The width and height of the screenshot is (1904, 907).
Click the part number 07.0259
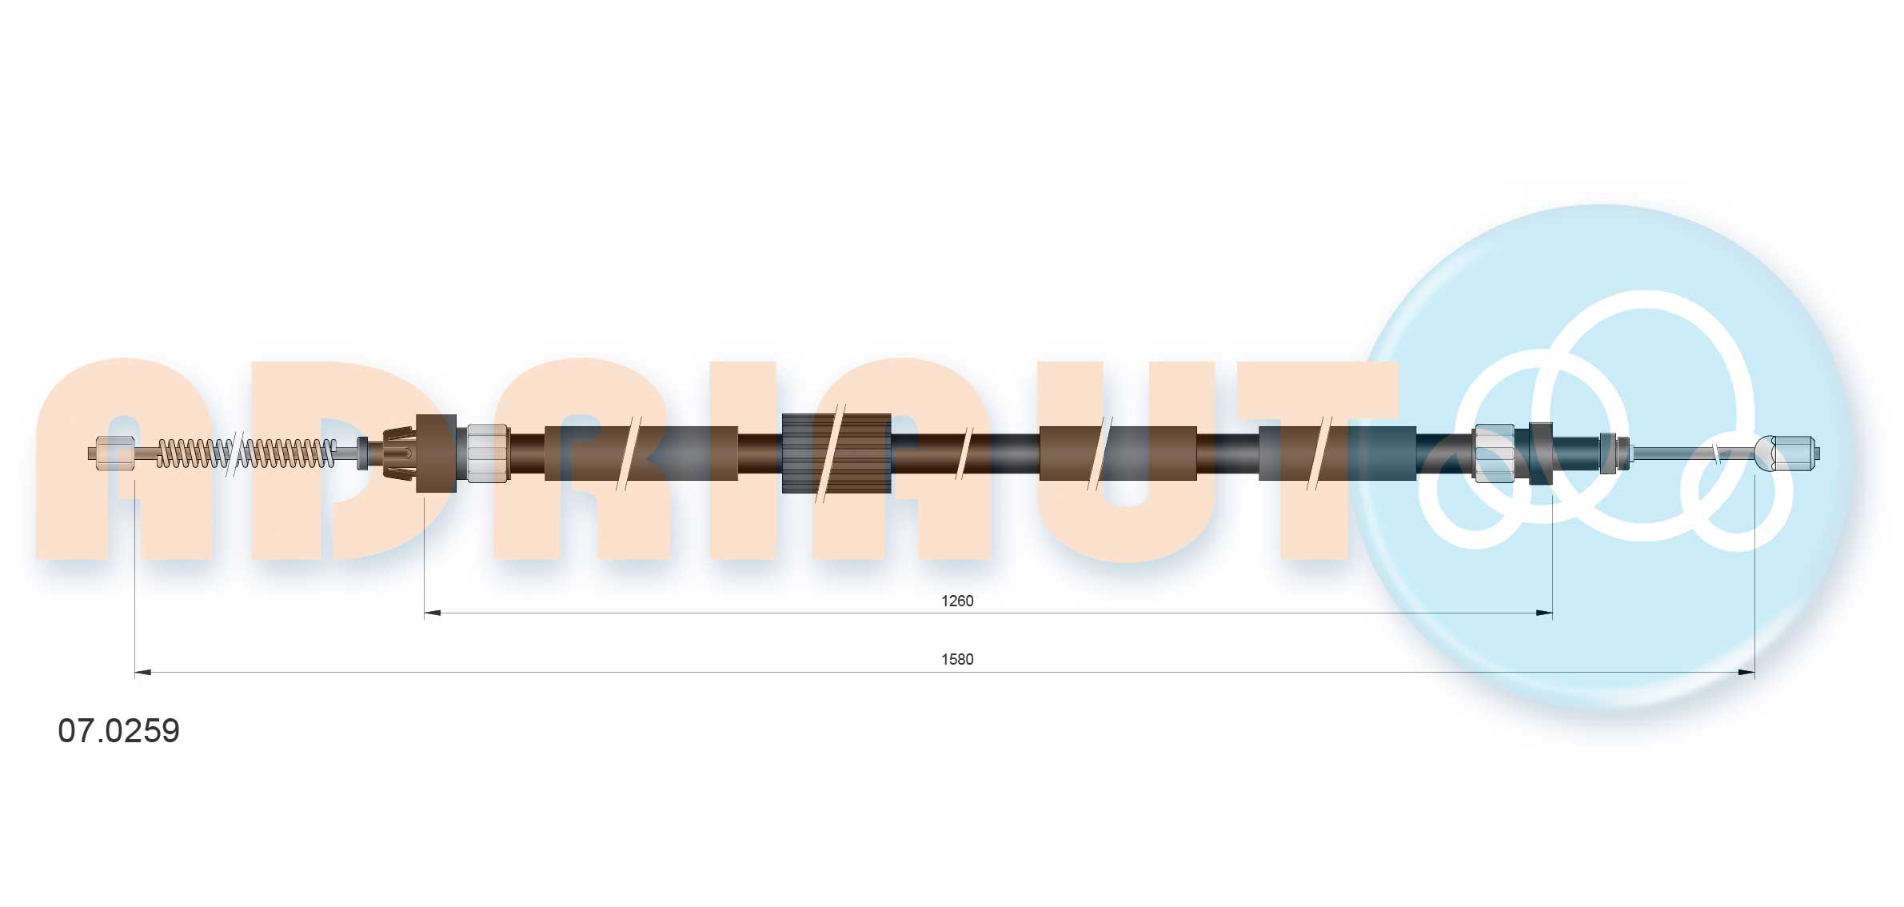(x=118, y=731)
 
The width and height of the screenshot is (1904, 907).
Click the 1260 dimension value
(x=956, y=601)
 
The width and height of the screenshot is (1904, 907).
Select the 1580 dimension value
(x=956, y=659)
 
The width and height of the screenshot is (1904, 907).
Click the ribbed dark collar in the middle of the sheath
(x=836, y=453)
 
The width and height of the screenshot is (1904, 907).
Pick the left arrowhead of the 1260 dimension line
(x=432, y=613)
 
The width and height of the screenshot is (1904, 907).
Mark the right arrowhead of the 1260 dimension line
(x=1544, y=613)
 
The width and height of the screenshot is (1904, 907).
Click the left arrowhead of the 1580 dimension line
(x=143, y=673)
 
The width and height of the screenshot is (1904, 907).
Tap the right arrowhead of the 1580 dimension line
(x=1746, y=673)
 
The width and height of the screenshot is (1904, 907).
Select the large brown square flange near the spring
(x=437, y=453)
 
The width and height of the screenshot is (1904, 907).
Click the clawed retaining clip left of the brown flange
(x=400, y=453)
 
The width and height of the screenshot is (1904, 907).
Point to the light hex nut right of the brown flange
(x=486, y=453)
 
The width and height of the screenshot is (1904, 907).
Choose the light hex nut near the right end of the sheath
(x=1493, y=453)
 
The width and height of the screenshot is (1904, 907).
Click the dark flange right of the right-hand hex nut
(x=1540, y=453)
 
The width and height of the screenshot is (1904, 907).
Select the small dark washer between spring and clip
(x=363, y=453)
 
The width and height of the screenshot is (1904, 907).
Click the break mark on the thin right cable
(x=1716, y=453)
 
